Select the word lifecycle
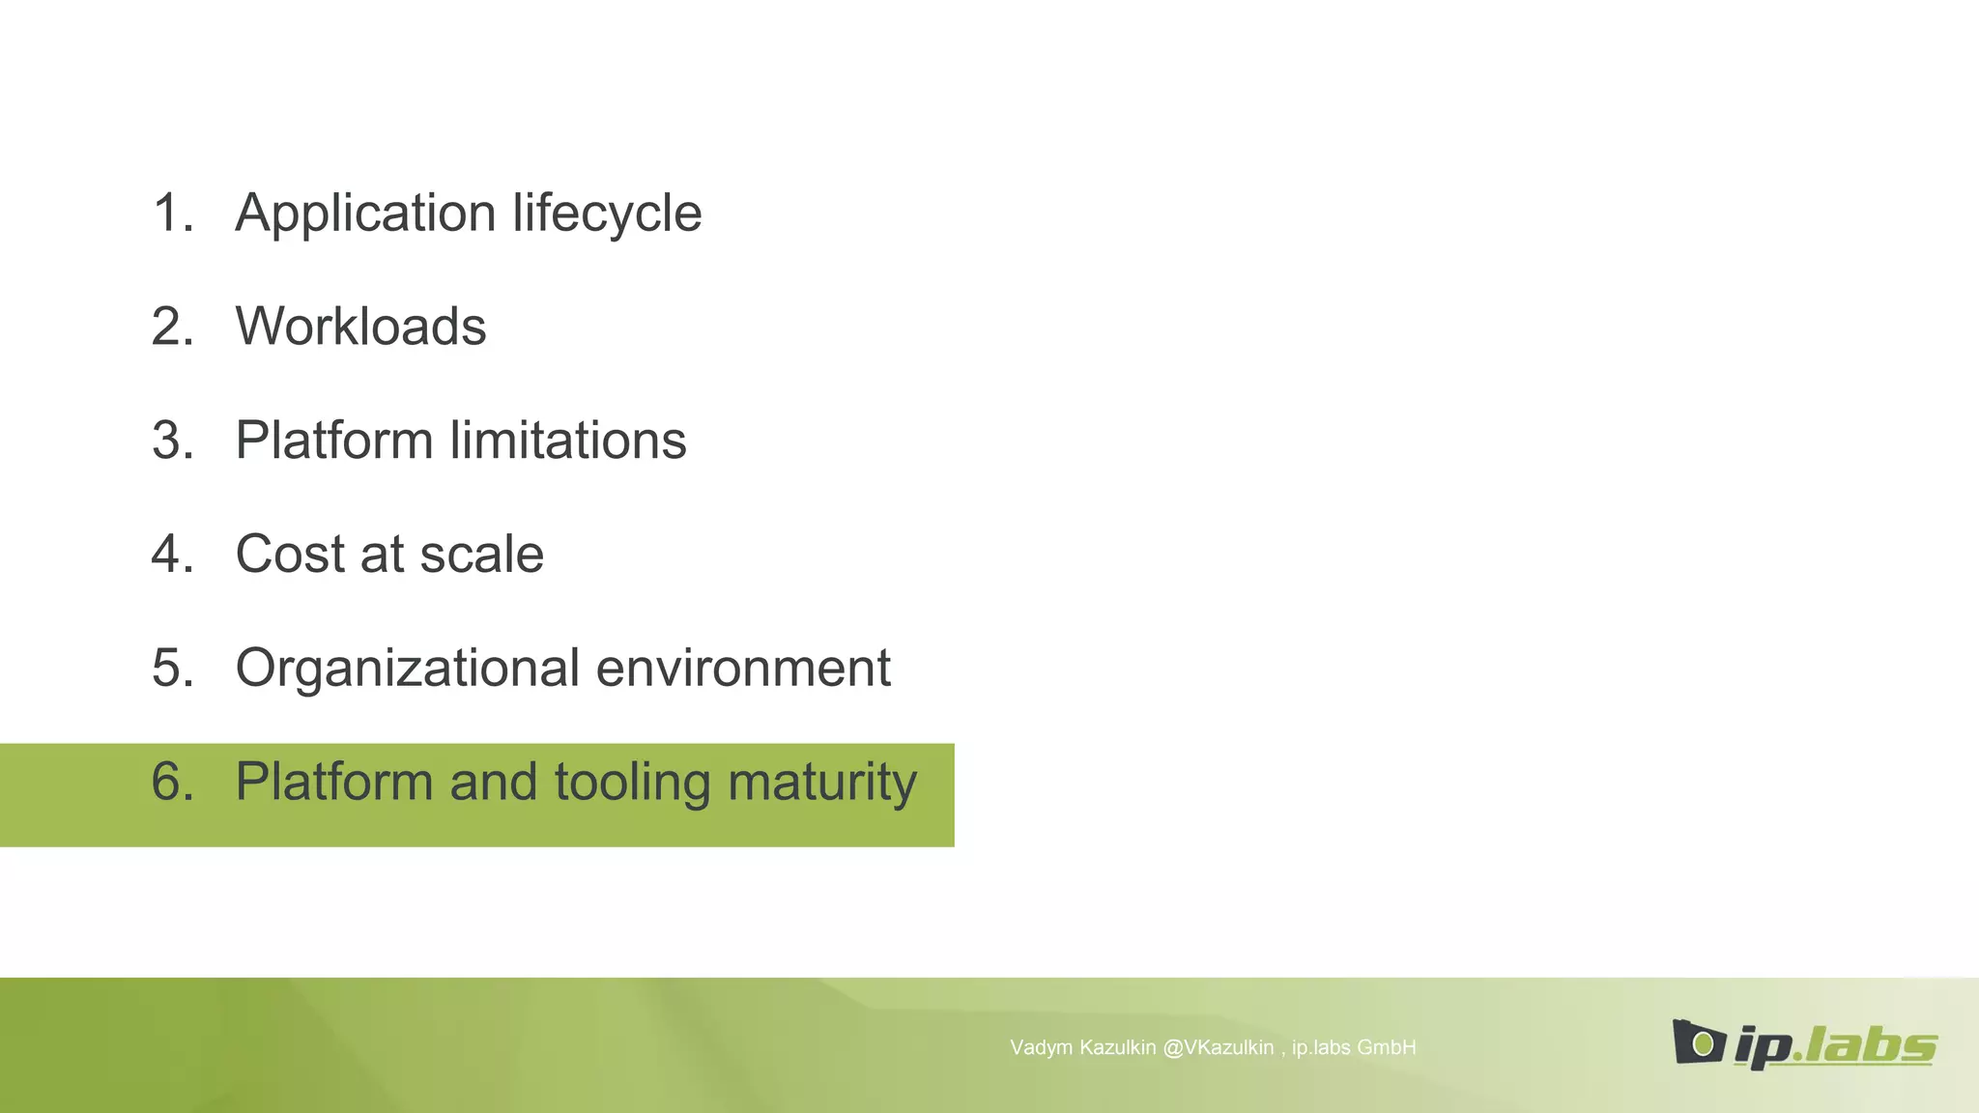(607, 214)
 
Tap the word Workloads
(360, 327)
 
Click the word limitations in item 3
(568, 441)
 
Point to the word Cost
(290, 555)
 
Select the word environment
(743, 669)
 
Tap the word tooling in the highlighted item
(632, 783)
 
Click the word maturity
(821, 783)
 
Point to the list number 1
(172, 214)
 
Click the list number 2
(172, 327)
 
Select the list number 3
(172, 441)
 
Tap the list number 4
(172, 555)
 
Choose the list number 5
(172, 669)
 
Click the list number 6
(172, 783)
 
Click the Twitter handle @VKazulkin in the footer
(1218, 1048)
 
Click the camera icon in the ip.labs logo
(1698, 1042)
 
